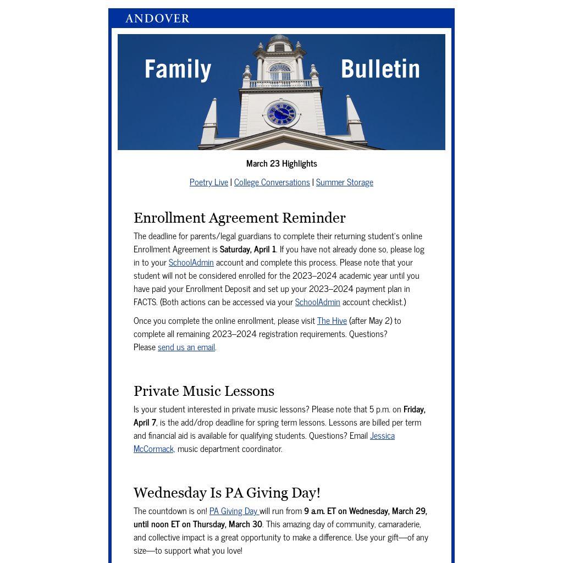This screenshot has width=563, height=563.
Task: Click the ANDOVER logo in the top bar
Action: (x=157, y=19)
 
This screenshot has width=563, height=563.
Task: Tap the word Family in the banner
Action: (x=178, y=69)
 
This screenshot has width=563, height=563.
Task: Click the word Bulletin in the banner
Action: (x=380, y=69)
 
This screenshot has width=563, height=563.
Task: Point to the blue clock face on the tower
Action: (x=281, y=114)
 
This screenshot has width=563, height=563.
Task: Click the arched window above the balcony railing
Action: (x=280, y=72)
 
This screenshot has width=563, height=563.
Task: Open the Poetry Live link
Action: (x=209, y=182)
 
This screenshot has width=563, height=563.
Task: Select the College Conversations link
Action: (x=272, y=182)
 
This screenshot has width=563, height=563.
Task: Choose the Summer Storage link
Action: (x=344, y=182)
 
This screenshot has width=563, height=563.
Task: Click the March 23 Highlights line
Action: (x=281, y=163)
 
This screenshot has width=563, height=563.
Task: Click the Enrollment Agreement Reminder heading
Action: (x=239, y=218)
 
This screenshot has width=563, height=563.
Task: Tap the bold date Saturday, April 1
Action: (x=247, y=249)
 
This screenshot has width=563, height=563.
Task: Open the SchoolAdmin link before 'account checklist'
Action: (x=317, y=302)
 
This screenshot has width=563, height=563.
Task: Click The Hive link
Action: (x=332, y=321)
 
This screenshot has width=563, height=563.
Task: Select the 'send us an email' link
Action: (x=186, y=347)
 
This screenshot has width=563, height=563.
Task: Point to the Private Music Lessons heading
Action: (x=203, y=391)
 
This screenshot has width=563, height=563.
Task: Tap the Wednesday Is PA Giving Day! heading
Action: (x=227, y=493)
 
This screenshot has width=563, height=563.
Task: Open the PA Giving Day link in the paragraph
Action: (x=233, y=511)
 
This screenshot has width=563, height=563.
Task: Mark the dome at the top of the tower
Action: (x=280, y=39)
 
